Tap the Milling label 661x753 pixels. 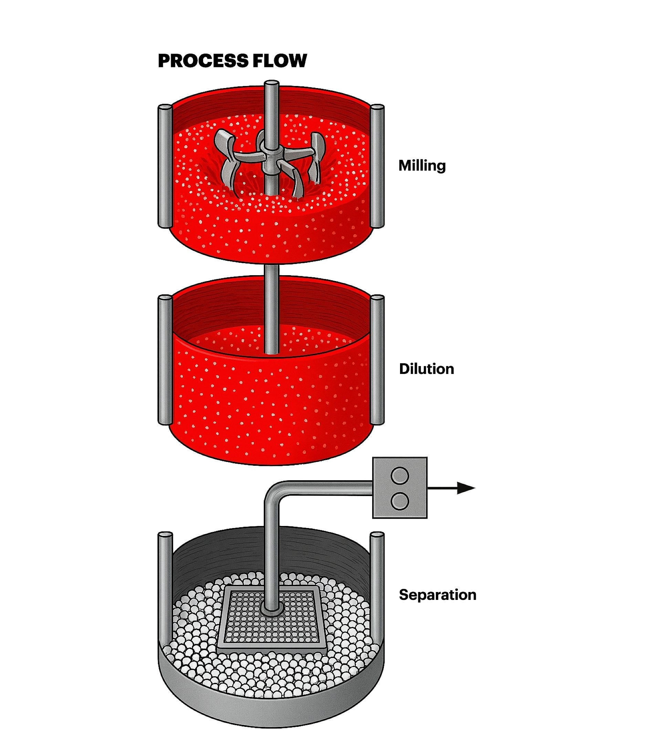(x=422, y=165)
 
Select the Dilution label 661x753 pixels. (x=426, y=369)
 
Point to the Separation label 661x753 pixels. (x=437, y=594)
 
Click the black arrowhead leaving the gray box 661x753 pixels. (x=465, y=488)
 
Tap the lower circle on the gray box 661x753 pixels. (x=400, y=502)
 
